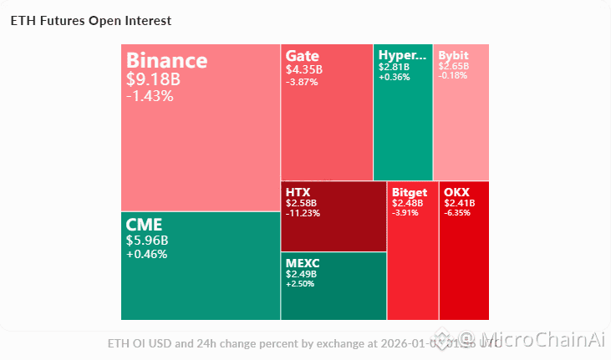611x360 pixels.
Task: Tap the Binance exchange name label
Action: (x=166, y=61)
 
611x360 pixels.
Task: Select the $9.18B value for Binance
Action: (x=153, y=80)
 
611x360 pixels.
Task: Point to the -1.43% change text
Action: (x=150, y=96)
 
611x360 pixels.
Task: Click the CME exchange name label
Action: (x=144, y=225)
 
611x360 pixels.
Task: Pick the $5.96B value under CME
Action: (x=147, y=241)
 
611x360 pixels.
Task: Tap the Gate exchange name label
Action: (x=303, y=55)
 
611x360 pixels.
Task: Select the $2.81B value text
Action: (x=394, y=67)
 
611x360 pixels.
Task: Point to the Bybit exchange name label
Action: (x=454, y=56)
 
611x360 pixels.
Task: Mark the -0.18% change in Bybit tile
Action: (x=453, y=76)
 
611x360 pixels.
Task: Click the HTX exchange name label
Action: (x=298, y=192)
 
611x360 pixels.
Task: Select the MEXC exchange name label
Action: (x=303, y=263)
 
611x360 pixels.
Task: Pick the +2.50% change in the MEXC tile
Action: (x=301, y=284)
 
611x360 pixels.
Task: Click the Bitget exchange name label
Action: (x=410, y=192)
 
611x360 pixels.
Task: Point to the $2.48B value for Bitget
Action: (x=407, y=203)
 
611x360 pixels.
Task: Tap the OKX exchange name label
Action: (x=457, y=192)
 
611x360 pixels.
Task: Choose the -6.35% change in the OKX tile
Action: (x=458, y=213)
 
